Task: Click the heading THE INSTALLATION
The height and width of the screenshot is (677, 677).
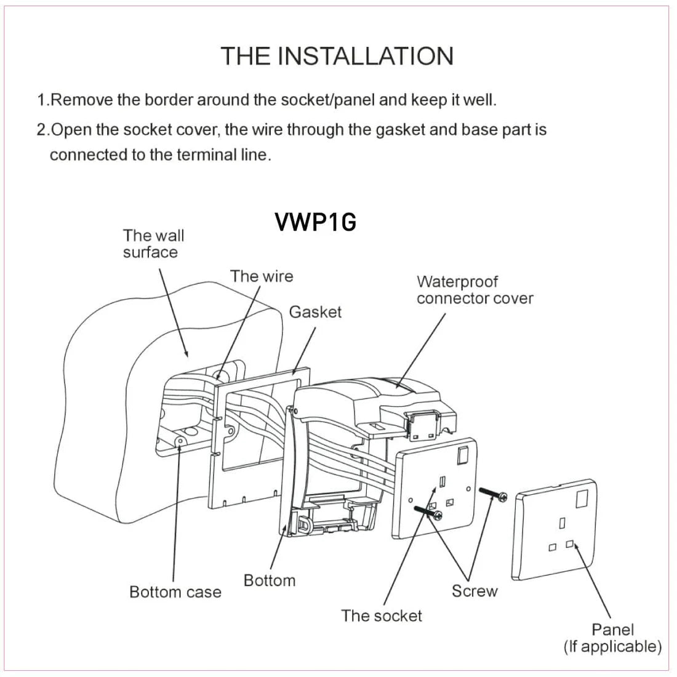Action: (337, 56)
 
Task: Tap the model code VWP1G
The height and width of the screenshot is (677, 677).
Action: (316, 222)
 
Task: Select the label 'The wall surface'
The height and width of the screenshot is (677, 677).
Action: (153, 244)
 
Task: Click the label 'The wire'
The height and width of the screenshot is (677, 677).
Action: (262, 276)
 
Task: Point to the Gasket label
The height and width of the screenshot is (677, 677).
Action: (315, 312)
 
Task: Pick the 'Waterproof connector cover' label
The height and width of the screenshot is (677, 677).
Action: (475, 290)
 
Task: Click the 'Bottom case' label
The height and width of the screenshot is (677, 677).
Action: (175, 592)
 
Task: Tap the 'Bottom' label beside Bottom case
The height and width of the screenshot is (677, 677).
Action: (269, 580)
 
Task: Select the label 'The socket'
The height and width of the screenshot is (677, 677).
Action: (382, 615)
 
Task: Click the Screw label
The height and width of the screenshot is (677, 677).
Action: (474, 591)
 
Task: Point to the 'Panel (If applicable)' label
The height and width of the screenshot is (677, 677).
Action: (612, 638)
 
